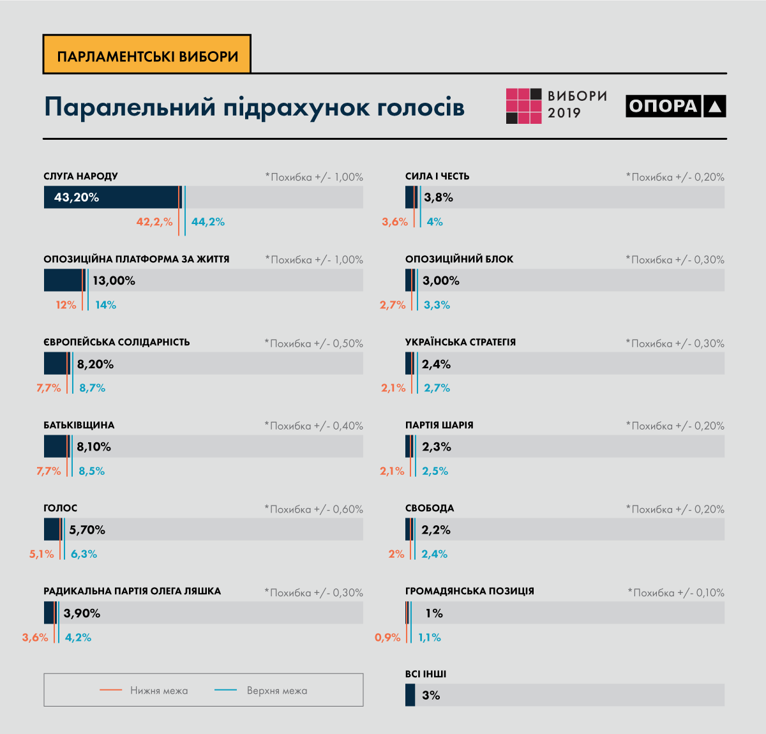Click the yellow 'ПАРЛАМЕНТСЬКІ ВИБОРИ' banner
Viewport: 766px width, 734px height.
pyautogui.click(x=147, y=56)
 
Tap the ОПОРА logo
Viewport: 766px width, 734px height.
pyautogui.click(x=675, y=106)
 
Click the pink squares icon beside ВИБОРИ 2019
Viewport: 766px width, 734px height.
pyautogui.click(x=523, y=106)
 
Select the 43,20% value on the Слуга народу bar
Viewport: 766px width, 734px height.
pyautogui.click(x=77, y=197)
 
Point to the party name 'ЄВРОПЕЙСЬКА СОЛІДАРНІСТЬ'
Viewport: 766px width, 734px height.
pyautogui.click(x=117, y=342)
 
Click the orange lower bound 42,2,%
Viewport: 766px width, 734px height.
pyautogui.click(x=154, y=222)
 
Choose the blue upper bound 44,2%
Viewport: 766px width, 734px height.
pyautogui.click(x=208, y=222)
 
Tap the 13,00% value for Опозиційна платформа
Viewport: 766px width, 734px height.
pyautogui.click(x=114, y=280)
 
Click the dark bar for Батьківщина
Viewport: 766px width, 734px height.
pyautogui.click(x=56, y=447)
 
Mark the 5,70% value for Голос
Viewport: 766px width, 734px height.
pyautogui.click(x=87, y=530)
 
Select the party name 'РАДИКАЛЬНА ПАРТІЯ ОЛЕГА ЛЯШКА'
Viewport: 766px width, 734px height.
pyautogui.click(x=132, y=591)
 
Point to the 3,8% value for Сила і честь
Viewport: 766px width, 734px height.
pyautogui.click(x=439, y=197)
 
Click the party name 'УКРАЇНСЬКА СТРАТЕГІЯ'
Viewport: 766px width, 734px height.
pyautogui.click(x=460, y=342)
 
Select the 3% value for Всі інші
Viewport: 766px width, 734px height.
pyautogui.click(x=431, y=695)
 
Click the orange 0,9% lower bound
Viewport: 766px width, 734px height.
pyautogui.click(x=387, y=638)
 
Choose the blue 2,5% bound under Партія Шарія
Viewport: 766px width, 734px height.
pyautogui.click(x=435, y=471)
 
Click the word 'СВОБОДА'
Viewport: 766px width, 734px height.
pyautogui.click(x=430, y=508)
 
